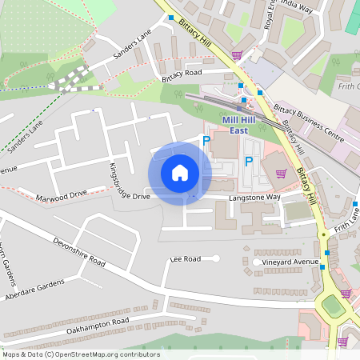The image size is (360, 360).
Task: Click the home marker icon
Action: (180, 172)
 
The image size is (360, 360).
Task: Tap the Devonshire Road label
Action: (79, 251)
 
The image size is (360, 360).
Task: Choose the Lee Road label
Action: (185, 259)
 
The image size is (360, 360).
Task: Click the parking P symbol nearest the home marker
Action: (206, 142)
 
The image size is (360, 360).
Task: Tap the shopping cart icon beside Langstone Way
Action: (280, 173)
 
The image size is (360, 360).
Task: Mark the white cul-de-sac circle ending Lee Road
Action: (215, 258)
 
